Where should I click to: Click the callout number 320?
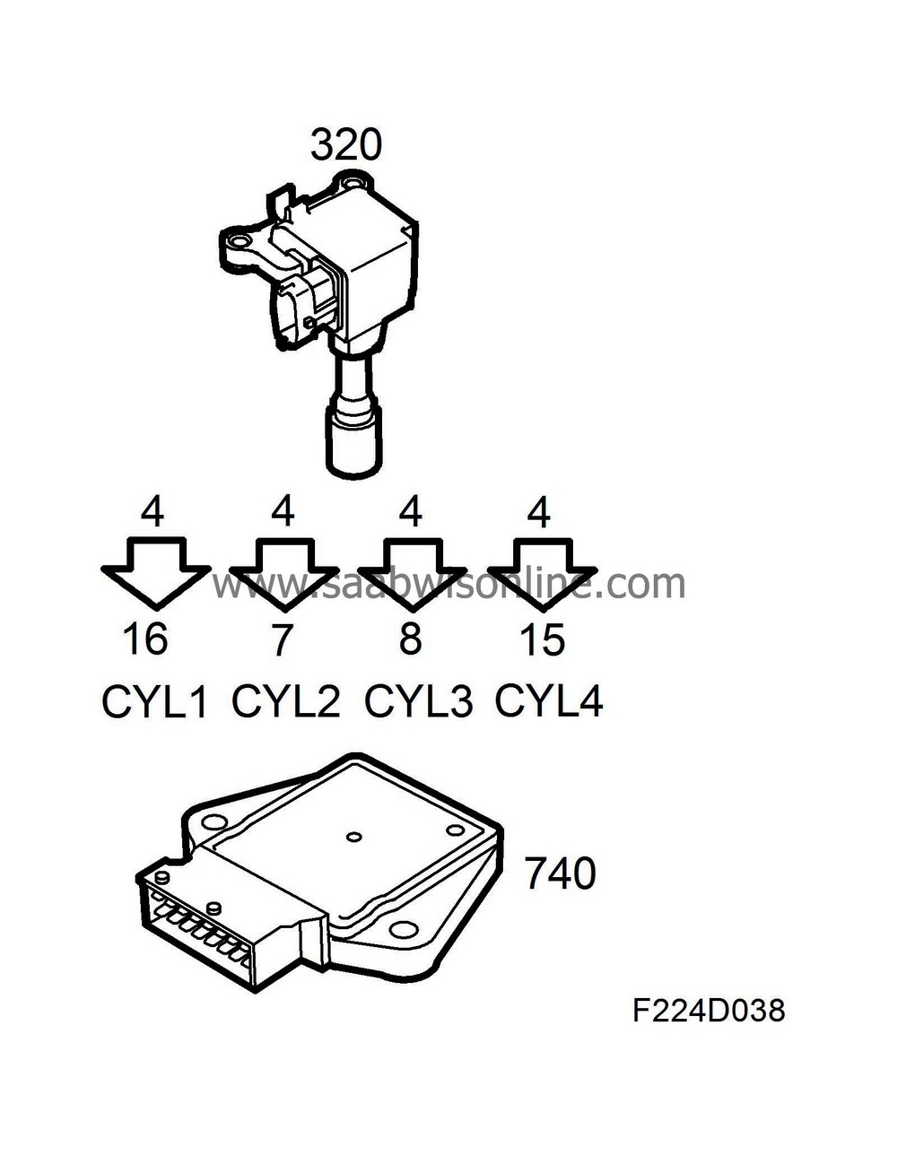coord(346,144)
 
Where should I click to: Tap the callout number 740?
coord(560,873)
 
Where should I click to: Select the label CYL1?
coord(154,702)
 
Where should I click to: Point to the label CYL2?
coord(286,701)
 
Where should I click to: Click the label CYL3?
coord(418,701)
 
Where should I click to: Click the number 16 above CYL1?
coord(145,639)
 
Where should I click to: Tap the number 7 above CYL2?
coord(282,639)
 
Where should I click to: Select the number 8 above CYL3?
coord(410,639)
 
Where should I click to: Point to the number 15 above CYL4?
coord(543,639)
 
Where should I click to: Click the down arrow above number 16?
coord(154,572)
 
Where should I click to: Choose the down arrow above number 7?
coord(283,572)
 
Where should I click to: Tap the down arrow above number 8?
coord(411,572)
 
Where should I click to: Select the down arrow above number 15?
coord(541,572)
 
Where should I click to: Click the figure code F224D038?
coord(709,1011)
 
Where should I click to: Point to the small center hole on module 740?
coord(353,838)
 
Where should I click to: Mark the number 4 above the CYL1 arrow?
coord(152,512)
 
